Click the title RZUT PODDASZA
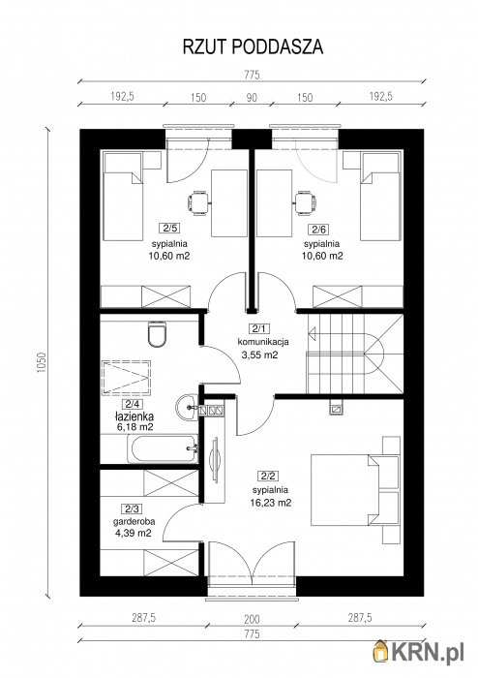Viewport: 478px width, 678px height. [x=253, y=46]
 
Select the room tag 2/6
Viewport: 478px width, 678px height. [x=320, y=230]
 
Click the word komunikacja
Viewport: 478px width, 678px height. [x=263, y=342]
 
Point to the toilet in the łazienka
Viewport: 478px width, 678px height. [x=157, y=334]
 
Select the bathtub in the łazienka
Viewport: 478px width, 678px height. [x=163, y=448]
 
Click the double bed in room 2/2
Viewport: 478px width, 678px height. [x=344, y=489]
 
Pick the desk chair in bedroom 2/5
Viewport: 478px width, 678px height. [x=198, y=202]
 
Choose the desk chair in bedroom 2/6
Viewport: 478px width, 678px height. [x=305, y=202]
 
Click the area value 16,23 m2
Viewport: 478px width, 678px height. [x=270, y=503]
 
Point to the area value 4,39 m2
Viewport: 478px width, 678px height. [x=133, y=533]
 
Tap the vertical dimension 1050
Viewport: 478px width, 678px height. [x=41, y=362]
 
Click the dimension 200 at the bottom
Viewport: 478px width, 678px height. [x=252, y=619]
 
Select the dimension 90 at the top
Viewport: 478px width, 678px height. [x=252, y=97]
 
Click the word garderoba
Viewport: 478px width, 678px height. [x=134, y=521]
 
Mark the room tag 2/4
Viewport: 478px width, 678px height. [x=133, y=404]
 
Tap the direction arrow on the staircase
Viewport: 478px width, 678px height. [x=313, y=333]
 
